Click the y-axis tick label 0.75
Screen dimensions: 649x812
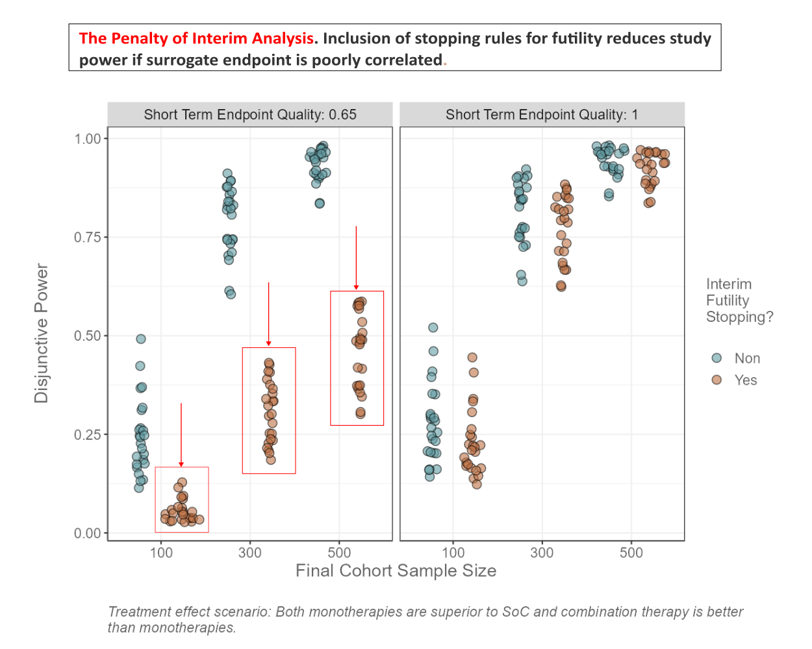pyautogui.click(x=87, y=238)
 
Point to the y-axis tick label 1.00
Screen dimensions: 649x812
pyautogui.click(x=87, y=139)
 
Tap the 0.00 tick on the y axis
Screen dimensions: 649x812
pyautogui.click(x=87, y=533)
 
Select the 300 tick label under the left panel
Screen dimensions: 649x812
pyautogui.click(x=250, y=553)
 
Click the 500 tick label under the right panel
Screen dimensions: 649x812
pyautogui.click(x=631, y=553)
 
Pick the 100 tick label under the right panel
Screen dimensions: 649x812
pyautogui.click(x=453, y=553)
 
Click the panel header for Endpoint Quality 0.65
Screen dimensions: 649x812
pyautogui.click(x=250, y=115)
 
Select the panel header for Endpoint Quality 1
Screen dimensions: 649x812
pyautogui.click(x=542, y=115)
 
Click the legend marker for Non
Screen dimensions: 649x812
pyautogui.click(x=717, y=358)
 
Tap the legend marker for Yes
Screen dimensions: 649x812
pyautogui.click(x=717, y=380)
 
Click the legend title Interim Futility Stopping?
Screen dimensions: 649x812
pyautogui.click(x=739, y=300)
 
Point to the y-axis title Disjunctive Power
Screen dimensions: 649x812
pyautogui.click(x=42, y=333)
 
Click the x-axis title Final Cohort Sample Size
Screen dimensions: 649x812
pyautogui.click(x=396, y=570)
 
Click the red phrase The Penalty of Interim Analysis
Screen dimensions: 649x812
pyautogui.click(x=196, y=38)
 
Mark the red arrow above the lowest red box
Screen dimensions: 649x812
pyautogui.click(x=181, y=435)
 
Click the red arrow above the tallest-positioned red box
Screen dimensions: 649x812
pyautogui.click(x=356, y=258)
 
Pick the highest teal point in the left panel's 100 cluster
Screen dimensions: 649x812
pyautogui.click(x=141, y=339)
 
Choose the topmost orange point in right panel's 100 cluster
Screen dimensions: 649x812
pyautogui.click(x=472, y=358)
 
